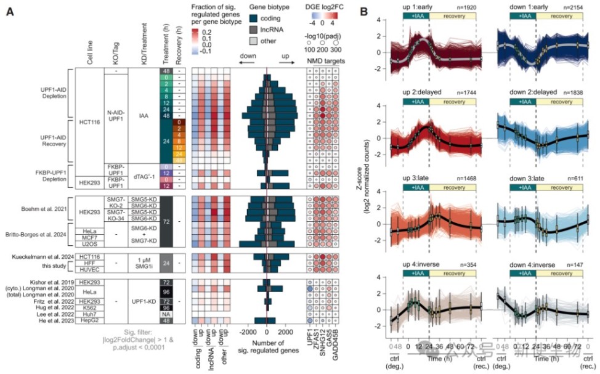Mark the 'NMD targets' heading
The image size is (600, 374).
[x=326, y=62]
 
